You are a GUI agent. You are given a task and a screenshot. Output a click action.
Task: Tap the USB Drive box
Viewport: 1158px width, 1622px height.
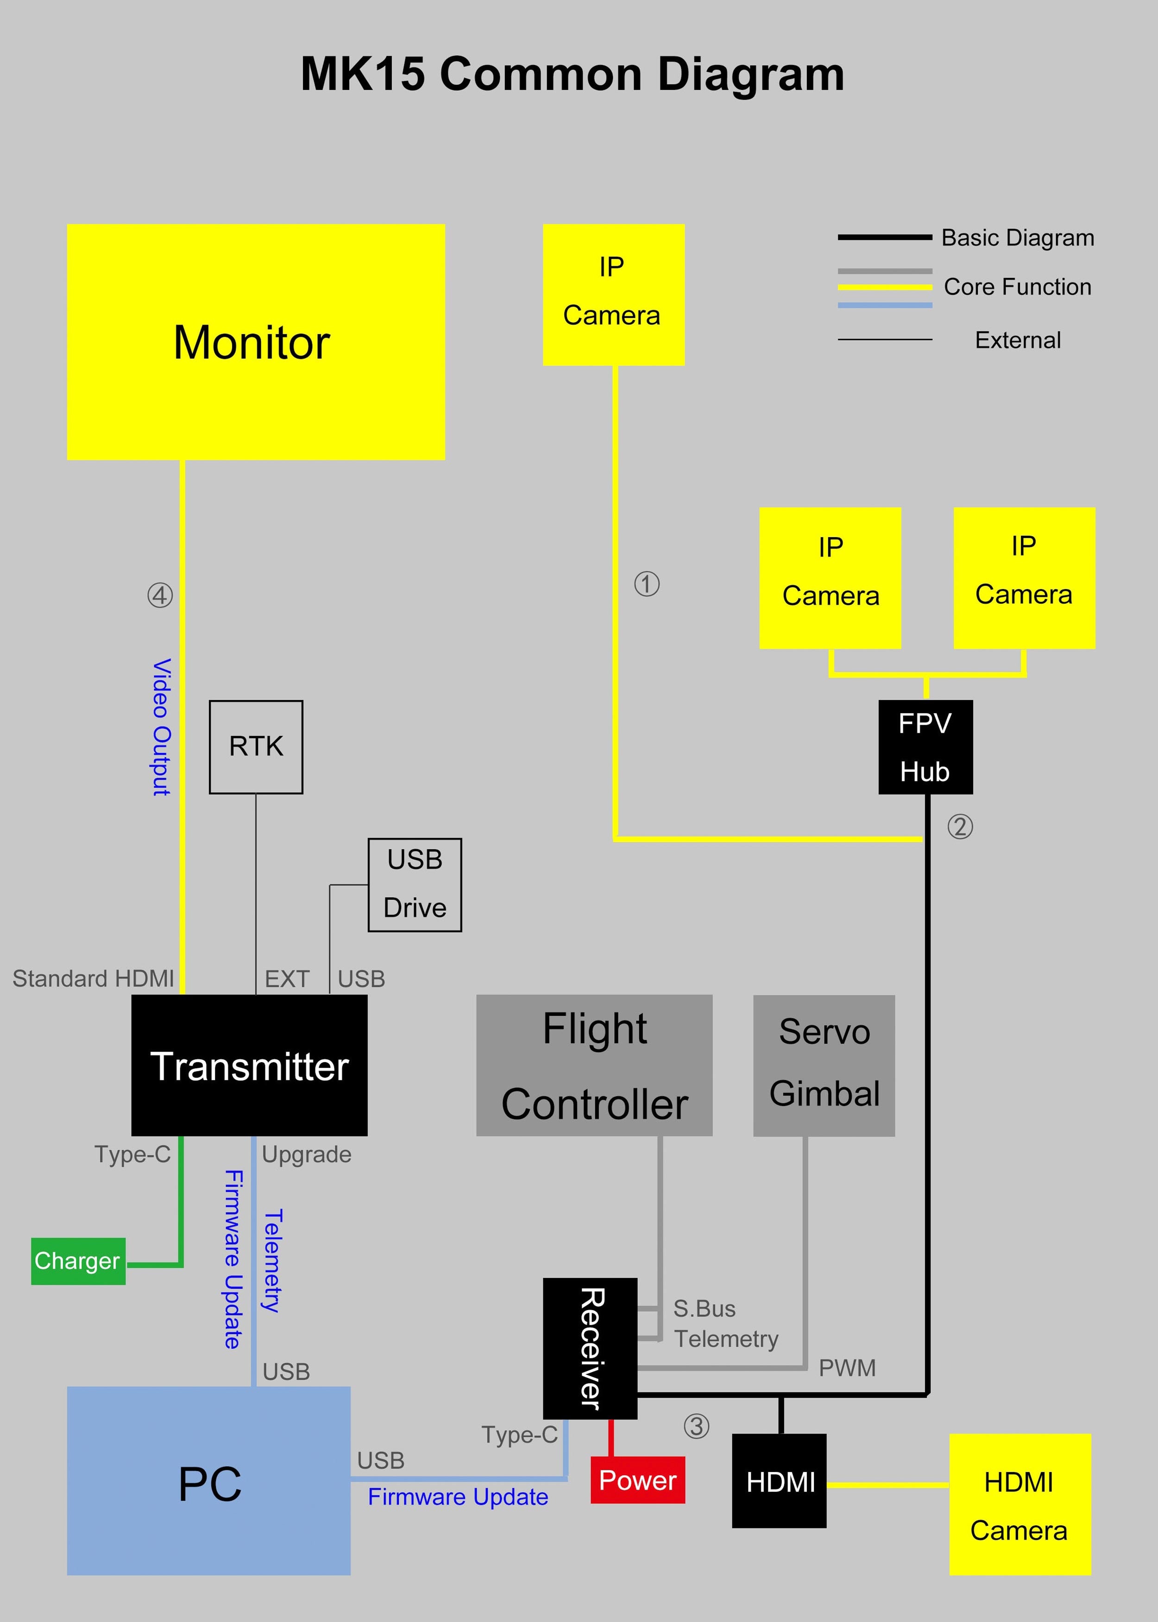[x=414, y=884]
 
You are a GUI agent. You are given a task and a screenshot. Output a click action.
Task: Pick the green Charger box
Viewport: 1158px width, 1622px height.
[x=78, y=1261]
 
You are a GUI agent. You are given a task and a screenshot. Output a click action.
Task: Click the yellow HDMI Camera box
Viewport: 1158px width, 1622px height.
[x=1020, y=1504]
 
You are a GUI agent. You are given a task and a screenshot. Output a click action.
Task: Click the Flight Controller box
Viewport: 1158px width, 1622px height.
[x=594, y=1065]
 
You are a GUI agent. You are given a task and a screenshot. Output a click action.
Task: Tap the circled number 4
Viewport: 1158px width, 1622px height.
[x=160, y=595]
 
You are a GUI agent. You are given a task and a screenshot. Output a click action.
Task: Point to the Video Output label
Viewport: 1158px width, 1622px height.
[x=162, y=727]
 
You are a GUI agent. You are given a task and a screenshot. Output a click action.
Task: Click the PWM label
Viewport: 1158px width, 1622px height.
[x=846, y=1368]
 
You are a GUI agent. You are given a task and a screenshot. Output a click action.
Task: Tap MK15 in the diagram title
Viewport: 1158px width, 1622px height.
[x=362, y=74]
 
